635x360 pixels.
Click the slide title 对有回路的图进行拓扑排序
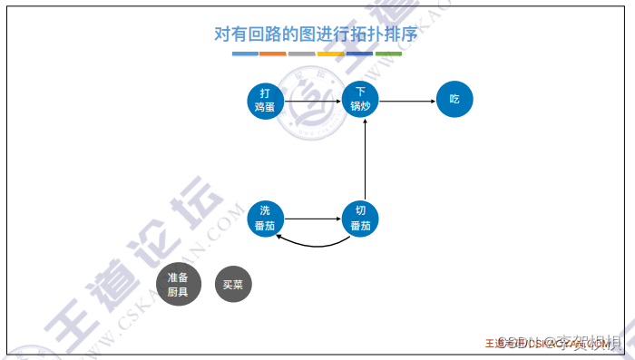click(x=316, y=35)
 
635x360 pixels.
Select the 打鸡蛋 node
click(x=265, y=99)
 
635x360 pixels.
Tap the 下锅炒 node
click(x=360, y=99)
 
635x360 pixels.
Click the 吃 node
click(x=454, y=99)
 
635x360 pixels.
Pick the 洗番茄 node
click(x=265, y=219)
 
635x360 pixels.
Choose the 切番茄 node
click(x=360, y=219)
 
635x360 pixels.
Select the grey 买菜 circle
click(x=232, y=285)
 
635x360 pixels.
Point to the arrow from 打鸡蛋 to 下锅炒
click(x=312, y=99)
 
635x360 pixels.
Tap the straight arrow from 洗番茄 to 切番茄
click(x=312, y=219)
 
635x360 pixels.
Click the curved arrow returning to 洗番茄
click(x=314, y=245)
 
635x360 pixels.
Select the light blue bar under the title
click(x=245, y=54)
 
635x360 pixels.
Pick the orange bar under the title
click(x=273, y=54)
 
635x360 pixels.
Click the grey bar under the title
click(x=302, y=54)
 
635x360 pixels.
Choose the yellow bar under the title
click(x=330, y=54)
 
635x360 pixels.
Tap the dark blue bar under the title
click(x=359, y=54)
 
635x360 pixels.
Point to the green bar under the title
click(x=388, y=54)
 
